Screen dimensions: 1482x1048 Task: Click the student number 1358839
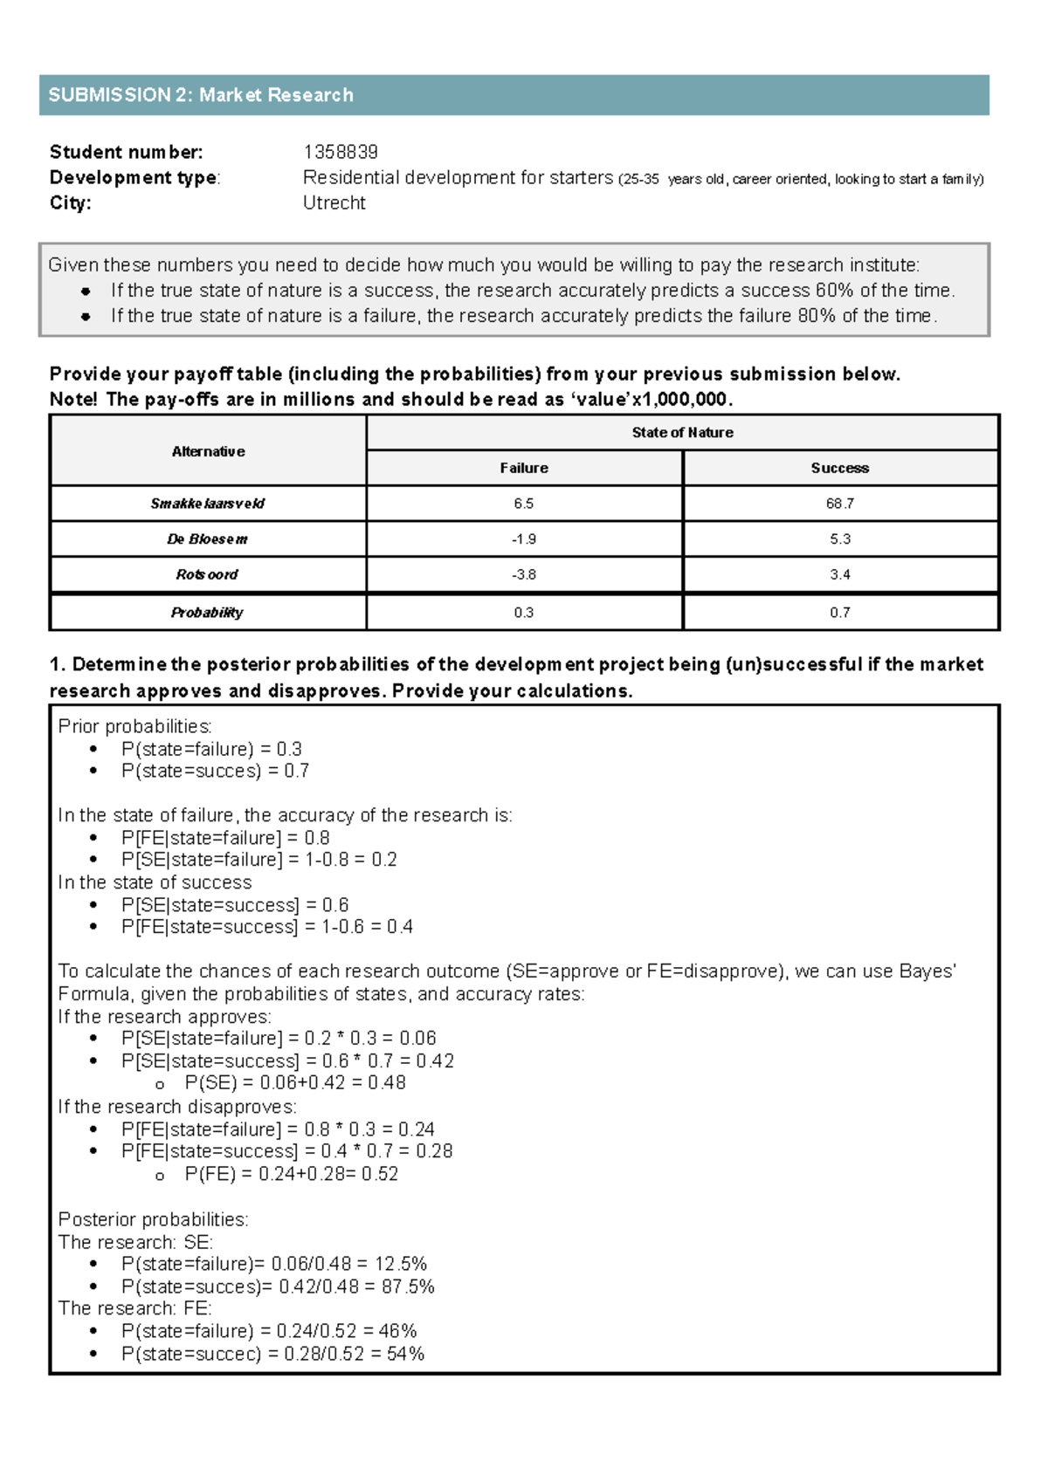coord(340,152)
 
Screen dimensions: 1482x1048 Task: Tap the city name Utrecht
coord(334,202)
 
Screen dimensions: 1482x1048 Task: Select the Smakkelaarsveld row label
coord(208,504)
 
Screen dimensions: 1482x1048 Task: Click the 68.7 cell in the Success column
coord(839,504)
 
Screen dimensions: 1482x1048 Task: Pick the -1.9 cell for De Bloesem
coord(523,539)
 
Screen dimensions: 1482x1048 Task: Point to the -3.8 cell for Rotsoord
coord(523,574)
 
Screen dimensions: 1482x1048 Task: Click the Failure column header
coord(523,468)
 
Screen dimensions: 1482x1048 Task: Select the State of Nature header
coord(682,432)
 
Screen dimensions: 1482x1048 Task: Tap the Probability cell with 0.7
coord(839,613)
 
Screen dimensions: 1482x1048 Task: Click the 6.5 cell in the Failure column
coord(523,504)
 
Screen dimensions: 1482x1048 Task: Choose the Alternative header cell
coord(208,451)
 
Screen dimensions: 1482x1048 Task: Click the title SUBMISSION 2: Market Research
coord(201,95)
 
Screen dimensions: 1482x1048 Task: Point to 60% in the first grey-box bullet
coord(834,291)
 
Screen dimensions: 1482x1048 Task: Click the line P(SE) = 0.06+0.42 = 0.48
coord(295,1083)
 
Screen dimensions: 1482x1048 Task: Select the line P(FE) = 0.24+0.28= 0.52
coord(291,1175)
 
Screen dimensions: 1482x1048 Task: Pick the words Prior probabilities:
coord(134,726)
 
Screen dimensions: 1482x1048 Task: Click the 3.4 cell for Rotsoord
coord(839,574)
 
